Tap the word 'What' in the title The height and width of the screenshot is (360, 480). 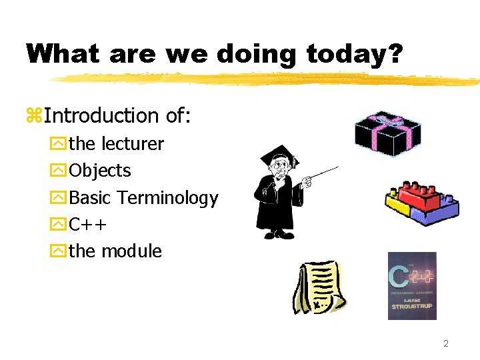(x=62, y=54)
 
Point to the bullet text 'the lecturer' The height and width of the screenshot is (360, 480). (x=116, y=144)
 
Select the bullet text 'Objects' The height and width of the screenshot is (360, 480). (x=100, y=171)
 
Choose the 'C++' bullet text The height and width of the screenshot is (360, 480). (x=88, y=225)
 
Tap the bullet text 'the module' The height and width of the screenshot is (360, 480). (x=115, y=251)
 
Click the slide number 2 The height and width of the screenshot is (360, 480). (x=446, y=344)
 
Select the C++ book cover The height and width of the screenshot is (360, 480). (x=412, y=285)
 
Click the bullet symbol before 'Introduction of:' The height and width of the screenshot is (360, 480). (x=34, y=117)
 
